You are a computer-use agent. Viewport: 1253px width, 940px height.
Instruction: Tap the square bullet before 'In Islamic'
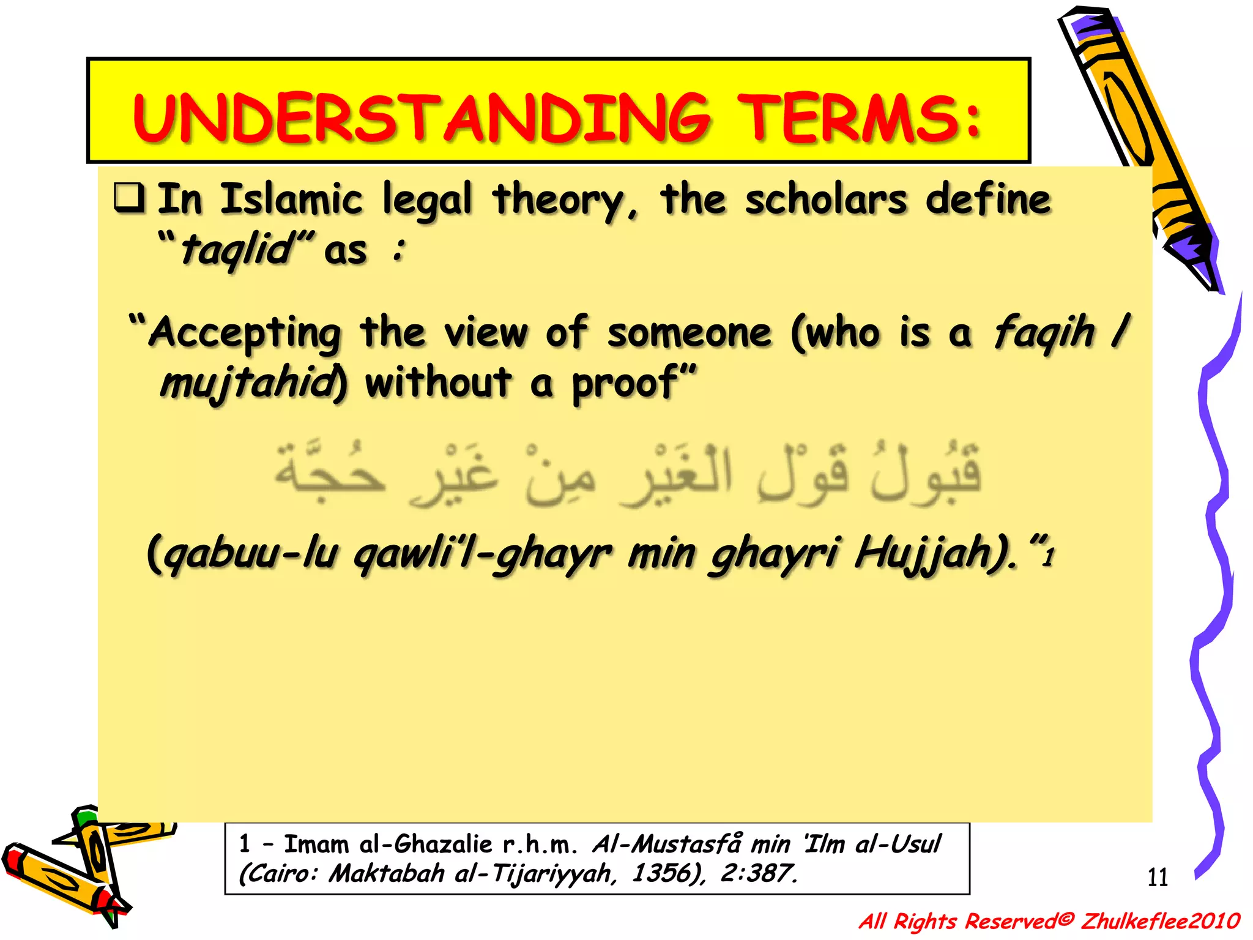pyautogui.click(x=129, y=198)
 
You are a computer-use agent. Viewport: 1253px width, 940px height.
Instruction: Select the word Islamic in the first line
pyautogui.click(x=291, y=200)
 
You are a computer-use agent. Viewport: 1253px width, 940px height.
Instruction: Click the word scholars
pyautogui.click(x=825, y=200)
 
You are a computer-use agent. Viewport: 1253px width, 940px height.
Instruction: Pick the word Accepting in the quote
pyautogui.click(x=245, y=334)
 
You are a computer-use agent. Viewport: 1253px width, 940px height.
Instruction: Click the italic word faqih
pyautogui.click(x=1043, y=332)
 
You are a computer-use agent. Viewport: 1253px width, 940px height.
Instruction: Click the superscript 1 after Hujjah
pyautogui.click(x=1049, y=558)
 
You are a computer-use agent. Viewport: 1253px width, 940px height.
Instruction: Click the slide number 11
pyautogui.click(x=1157, y=878)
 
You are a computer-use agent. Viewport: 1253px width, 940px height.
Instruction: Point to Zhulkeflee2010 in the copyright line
pyautogui.click(x=1159, y=921)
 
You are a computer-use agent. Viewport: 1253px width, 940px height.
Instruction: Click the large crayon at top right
pyautogui.click(x=1138, y=141)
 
